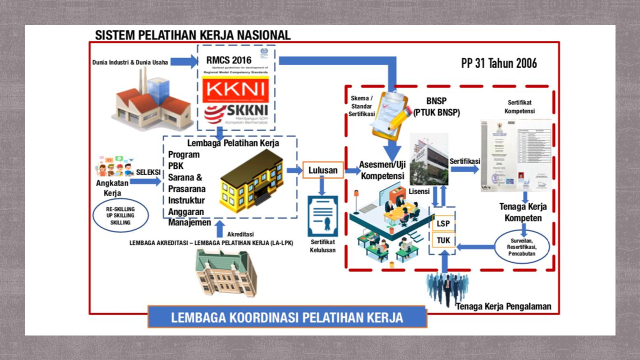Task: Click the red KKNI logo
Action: coord(235,90)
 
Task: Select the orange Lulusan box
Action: coord(322,170)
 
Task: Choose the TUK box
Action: coord(443,240)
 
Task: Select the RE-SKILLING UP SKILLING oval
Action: coord(120,215)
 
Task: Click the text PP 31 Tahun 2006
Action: coord(498,63)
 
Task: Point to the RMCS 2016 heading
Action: coord(229,60)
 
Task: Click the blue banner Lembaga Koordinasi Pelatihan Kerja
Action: coord(287,317)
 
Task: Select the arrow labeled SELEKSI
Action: coord(145,181)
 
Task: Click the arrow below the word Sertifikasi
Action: coord(464,169)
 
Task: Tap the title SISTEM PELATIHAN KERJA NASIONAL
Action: coord(192,35)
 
